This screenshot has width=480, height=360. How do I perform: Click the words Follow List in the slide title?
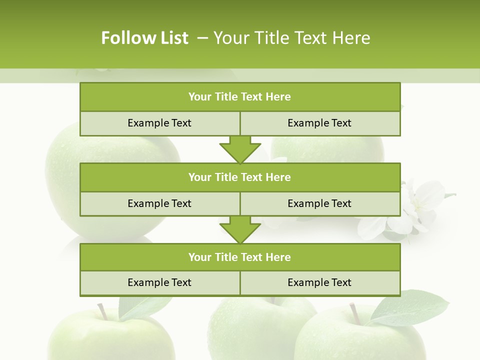pyautogui.click(x=144, y=38)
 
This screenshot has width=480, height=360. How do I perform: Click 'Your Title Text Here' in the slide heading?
pyautogui.click(x=292, y=38)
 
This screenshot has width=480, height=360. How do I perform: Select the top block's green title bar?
pyautogui.click(x=240, y=97)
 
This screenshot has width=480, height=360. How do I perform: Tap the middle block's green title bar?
pyautogui.click(x=240, y=177)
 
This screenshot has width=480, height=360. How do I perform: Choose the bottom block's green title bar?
pyautogui.click(x=240, y=257)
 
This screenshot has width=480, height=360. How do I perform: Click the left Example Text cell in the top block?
pyautogui.click(x=159, y=123)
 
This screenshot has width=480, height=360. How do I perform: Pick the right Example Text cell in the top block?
pyautogui.click(x=320, y=123)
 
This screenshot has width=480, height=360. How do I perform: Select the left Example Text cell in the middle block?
pyautogui.click(x=159, y=203)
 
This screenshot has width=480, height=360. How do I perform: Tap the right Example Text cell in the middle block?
pyautogui.click(x=320, y=203)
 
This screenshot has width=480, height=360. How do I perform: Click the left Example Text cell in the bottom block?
pyautogui.click(x=159, y=282)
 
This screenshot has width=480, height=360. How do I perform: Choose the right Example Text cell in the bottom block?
pyautogui.click(x=320, y=282)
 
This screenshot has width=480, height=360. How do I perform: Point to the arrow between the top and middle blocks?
pyautogui.click(x=240, y=149)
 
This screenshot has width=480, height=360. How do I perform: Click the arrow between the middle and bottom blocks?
pyautogui.click(x=240, y=230)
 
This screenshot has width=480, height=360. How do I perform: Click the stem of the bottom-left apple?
pyautogui.click(x=102, y=311)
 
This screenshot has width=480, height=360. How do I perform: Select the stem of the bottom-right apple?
pyautogui.click(x=355, y=312)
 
